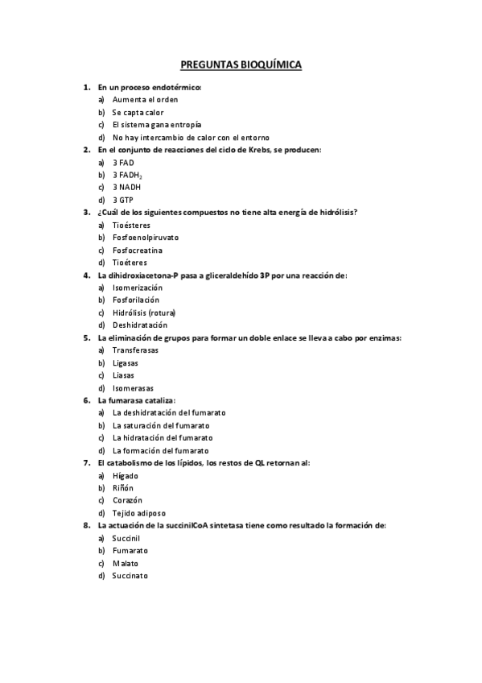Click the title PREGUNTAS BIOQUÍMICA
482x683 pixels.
(241, 65)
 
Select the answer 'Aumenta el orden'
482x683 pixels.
(145, 100)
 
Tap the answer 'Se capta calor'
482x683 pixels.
(138, 113)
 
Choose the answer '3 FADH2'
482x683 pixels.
(128, 175)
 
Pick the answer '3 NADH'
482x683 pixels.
(126, 187)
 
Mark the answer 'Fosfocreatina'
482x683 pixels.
(138, 250)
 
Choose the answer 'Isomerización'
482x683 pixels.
(137, 288)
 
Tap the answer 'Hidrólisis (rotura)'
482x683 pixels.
(144, 313)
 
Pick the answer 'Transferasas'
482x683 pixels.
(135, 350)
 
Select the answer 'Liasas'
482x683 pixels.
(123, 375)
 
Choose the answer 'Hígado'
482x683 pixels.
(125, 475)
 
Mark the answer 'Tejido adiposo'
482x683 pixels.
(138, 513)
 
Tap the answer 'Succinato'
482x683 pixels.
(130, 576)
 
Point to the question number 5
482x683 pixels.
(86, 337)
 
